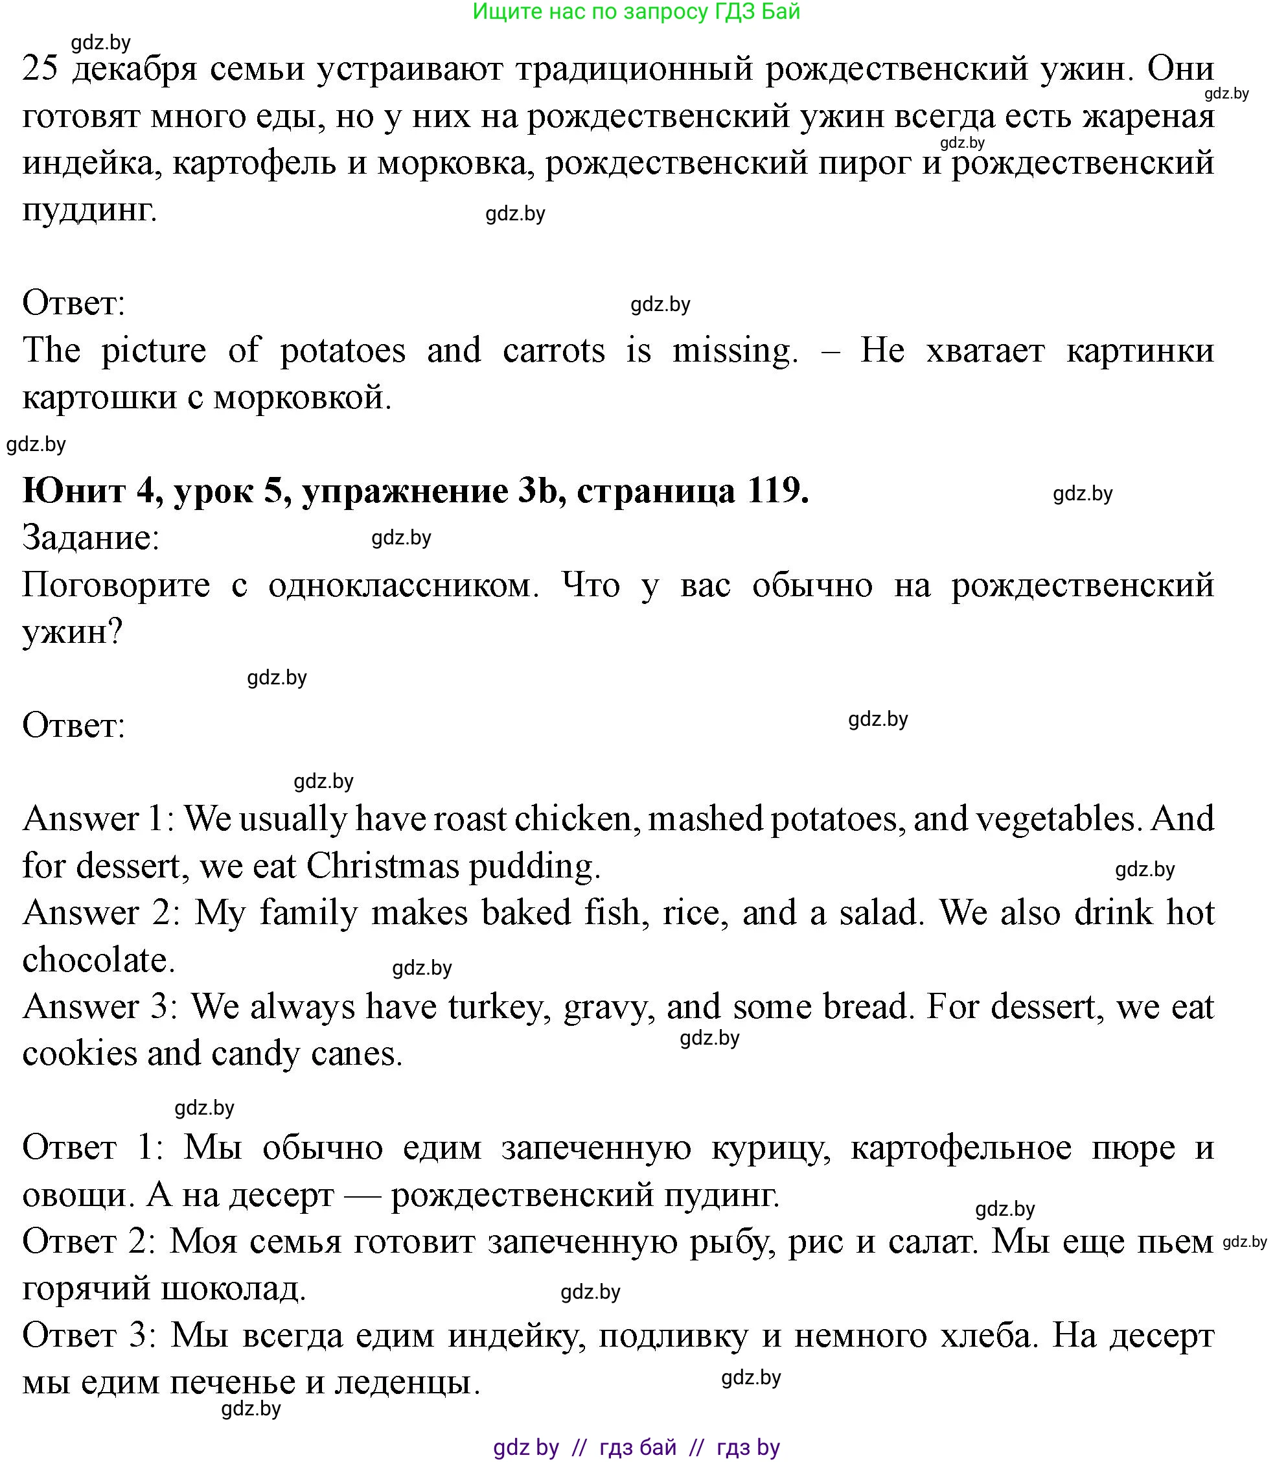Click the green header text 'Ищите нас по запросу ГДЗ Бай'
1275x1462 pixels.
636,12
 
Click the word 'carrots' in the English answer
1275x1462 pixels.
553,351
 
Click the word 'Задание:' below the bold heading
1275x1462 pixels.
91,538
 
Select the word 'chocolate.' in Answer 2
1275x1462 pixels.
99,960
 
